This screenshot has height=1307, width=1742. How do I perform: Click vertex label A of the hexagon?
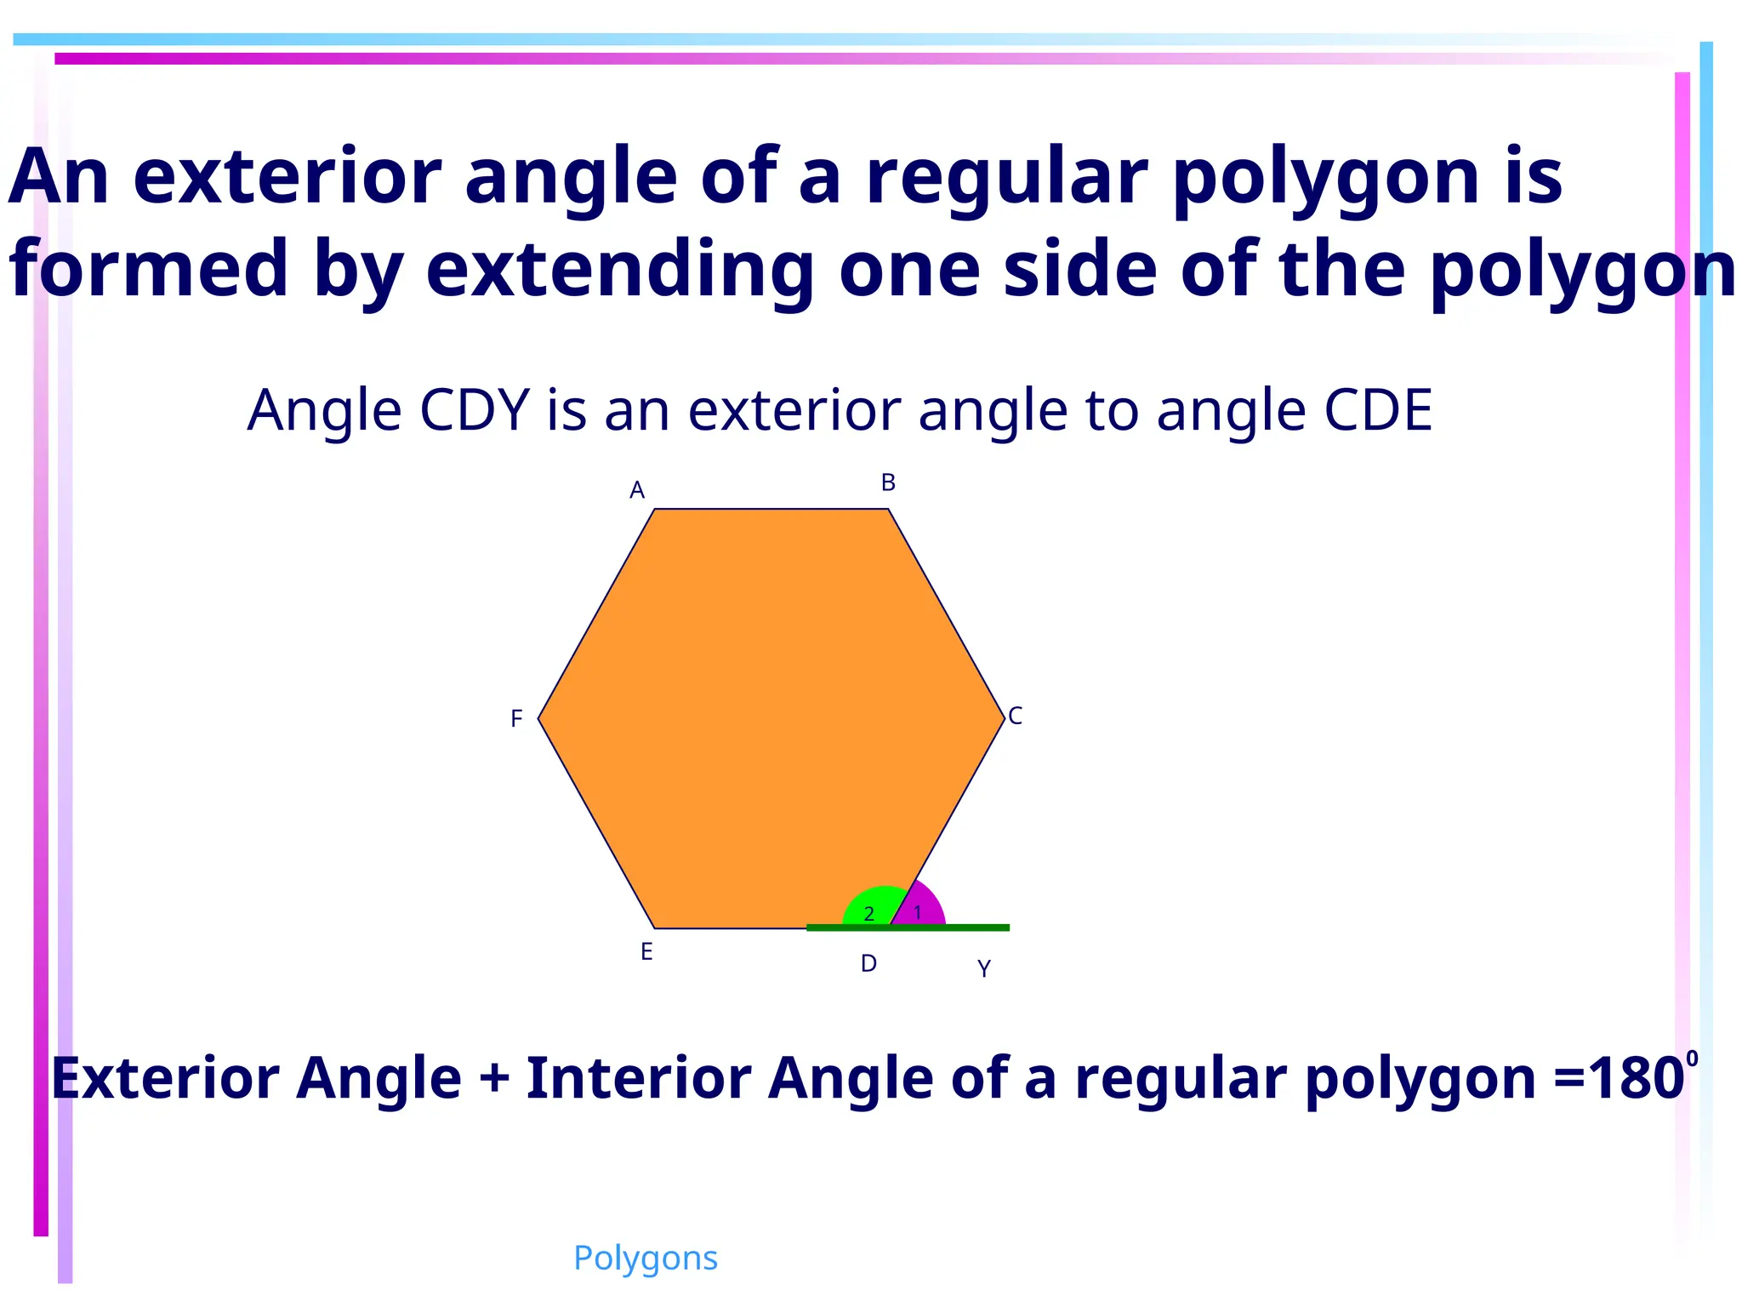pyautogui.click(x=637, y=491)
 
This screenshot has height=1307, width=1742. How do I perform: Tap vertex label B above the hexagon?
pyautogui.click(x=888, y=483)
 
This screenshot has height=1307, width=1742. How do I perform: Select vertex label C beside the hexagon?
pyautogui.click(x=1015, y=716)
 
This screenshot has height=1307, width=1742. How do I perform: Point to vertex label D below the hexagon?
pyautogui.click(x=868, y=964)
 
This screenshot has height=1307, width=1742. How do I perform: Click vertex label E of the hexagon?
pyautogui.click(x=646, y=952)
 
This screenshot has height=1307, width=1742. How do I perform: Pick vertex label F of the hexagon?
pyautogui.click(x=516, y=720)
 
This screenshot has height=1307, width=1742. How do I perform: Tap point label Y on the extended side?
pyautogui.click(x=984, y=969)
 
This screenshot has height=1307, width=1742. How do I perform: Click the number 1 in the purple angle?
pyautogui.click(x=918, y=913)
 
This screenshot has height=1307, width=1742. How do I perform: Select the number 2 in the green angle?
pyautogui.click(x=868, y=915)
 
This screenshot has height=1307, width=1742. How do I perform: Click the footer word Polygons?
pyautogui.click(x=646, y=1258)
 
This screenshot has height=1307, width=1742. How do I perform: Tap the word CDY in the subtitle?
pyautogui.click(x=475, y=411)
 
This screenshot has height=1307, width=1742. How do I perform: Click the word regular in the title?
pyautogui.click(x=1007, y=177)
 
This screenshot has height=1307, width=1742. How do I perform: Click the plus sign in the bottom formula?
pyautogui.click(x=494, y=1078)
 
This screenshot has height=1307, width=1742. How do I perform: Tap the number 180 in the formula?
pyautogui.click(x=1635, y=1079)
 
